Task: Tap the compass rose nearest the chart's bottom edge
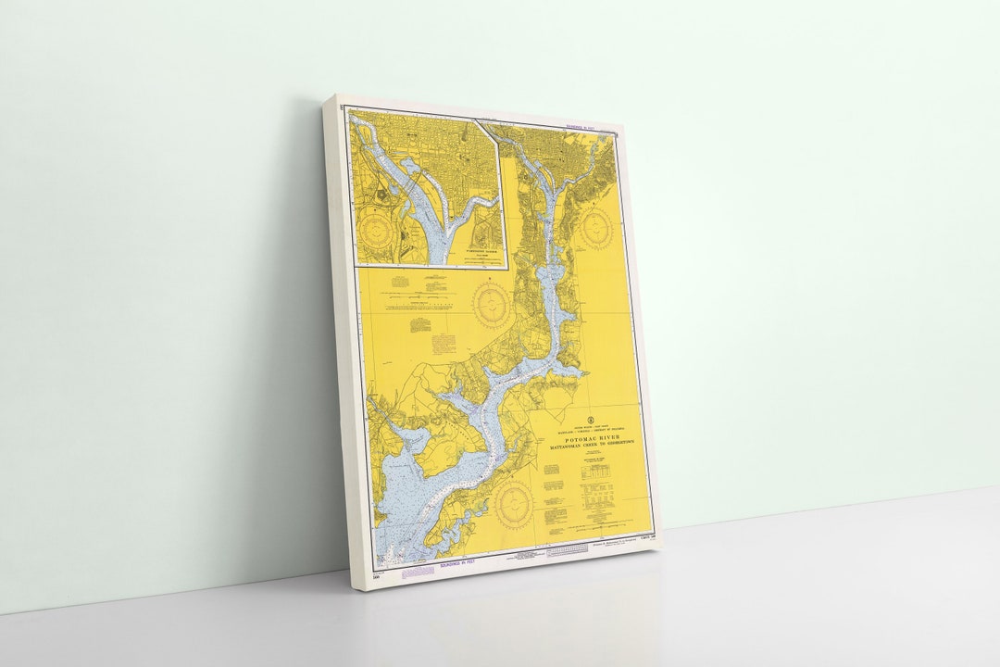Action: tap(514, 505)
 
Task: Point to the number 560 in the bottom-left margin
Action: tap(377, 579)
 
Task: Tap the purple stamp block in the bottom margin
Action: tap(419, 571)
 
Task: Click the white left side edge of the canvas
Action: tap(338, 343)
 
